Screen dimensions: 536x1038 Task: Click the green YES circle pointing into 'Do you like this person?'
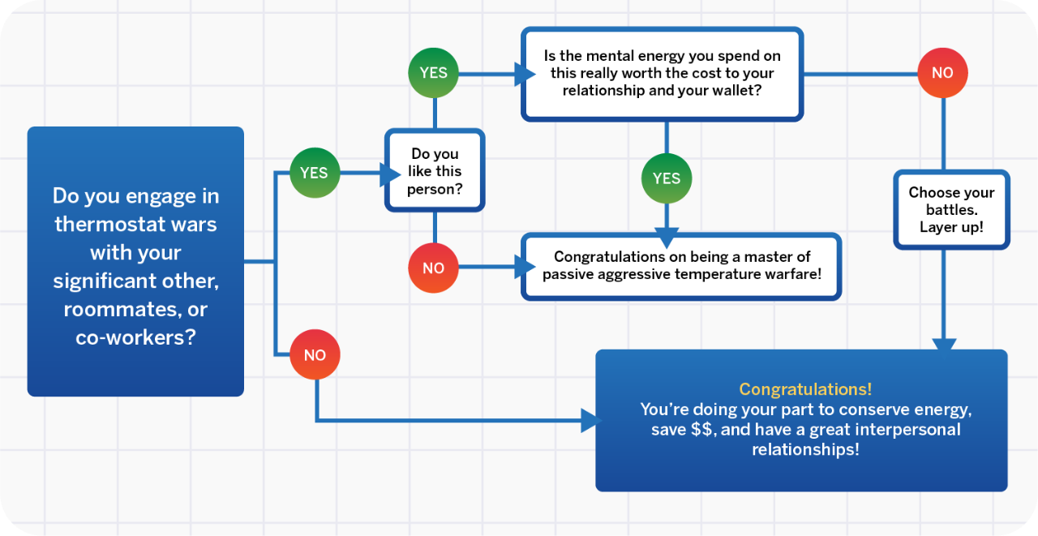pos(314,173)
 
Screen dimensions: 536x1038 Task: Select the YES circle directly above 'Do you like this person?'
pos(433,73)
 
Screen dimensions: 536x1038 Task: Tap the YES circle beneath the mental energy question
pos(667,178)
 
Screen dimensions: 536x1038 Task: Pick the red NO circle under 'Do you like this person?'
pos(433,268)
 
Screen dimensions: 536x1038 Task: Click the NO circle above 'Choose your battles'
pos(942,73)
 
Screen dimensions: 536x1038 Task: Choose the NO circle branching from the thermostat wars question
pos(315,355)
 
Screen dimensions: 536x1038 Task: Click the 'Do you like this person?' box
pos(435,171)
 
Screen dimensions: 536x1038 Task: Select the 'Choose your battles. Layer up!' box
pos(951,209)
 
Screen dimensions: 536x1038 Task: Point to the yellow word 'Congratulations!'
pos(805,389)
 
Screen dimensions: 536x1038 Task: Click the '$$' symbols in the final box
pos(701,430)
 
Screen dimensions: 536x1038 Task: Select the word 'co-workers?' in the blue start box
pos(135,337)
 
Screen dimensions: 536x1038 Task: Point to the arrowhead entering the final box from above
pos(944,345)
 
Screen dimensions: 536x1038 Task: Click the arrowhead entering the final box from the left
pos(590,420)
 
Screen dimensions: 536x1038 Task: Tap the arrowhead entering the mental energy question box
pos(525,74)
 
